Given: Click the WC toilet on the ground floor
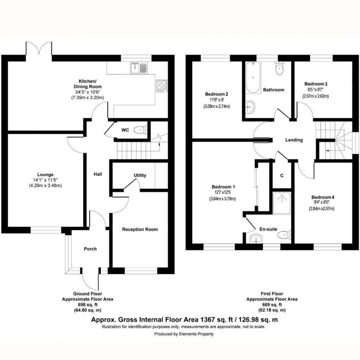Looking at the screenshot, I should coord(141,130).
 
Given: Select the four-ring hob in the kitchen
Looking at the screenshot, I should coord(161,85).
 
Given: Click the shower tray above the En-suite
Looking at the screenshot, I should coord(281,203).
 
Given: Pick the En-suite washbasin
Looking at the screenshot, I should coord(255,239).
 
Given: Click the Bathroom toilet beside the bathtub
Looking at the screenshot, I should coord(280,68).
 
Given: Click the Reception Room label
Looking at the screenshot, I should coord(140,230).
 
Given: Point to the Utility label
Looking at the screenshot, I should coord(140,176).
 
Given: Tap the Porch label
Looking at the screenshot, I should coord(90,249).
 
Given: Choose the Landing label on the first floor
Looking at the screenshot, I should coord(294,140).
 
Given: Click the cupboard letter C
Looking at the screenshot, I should coord(282,176).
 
